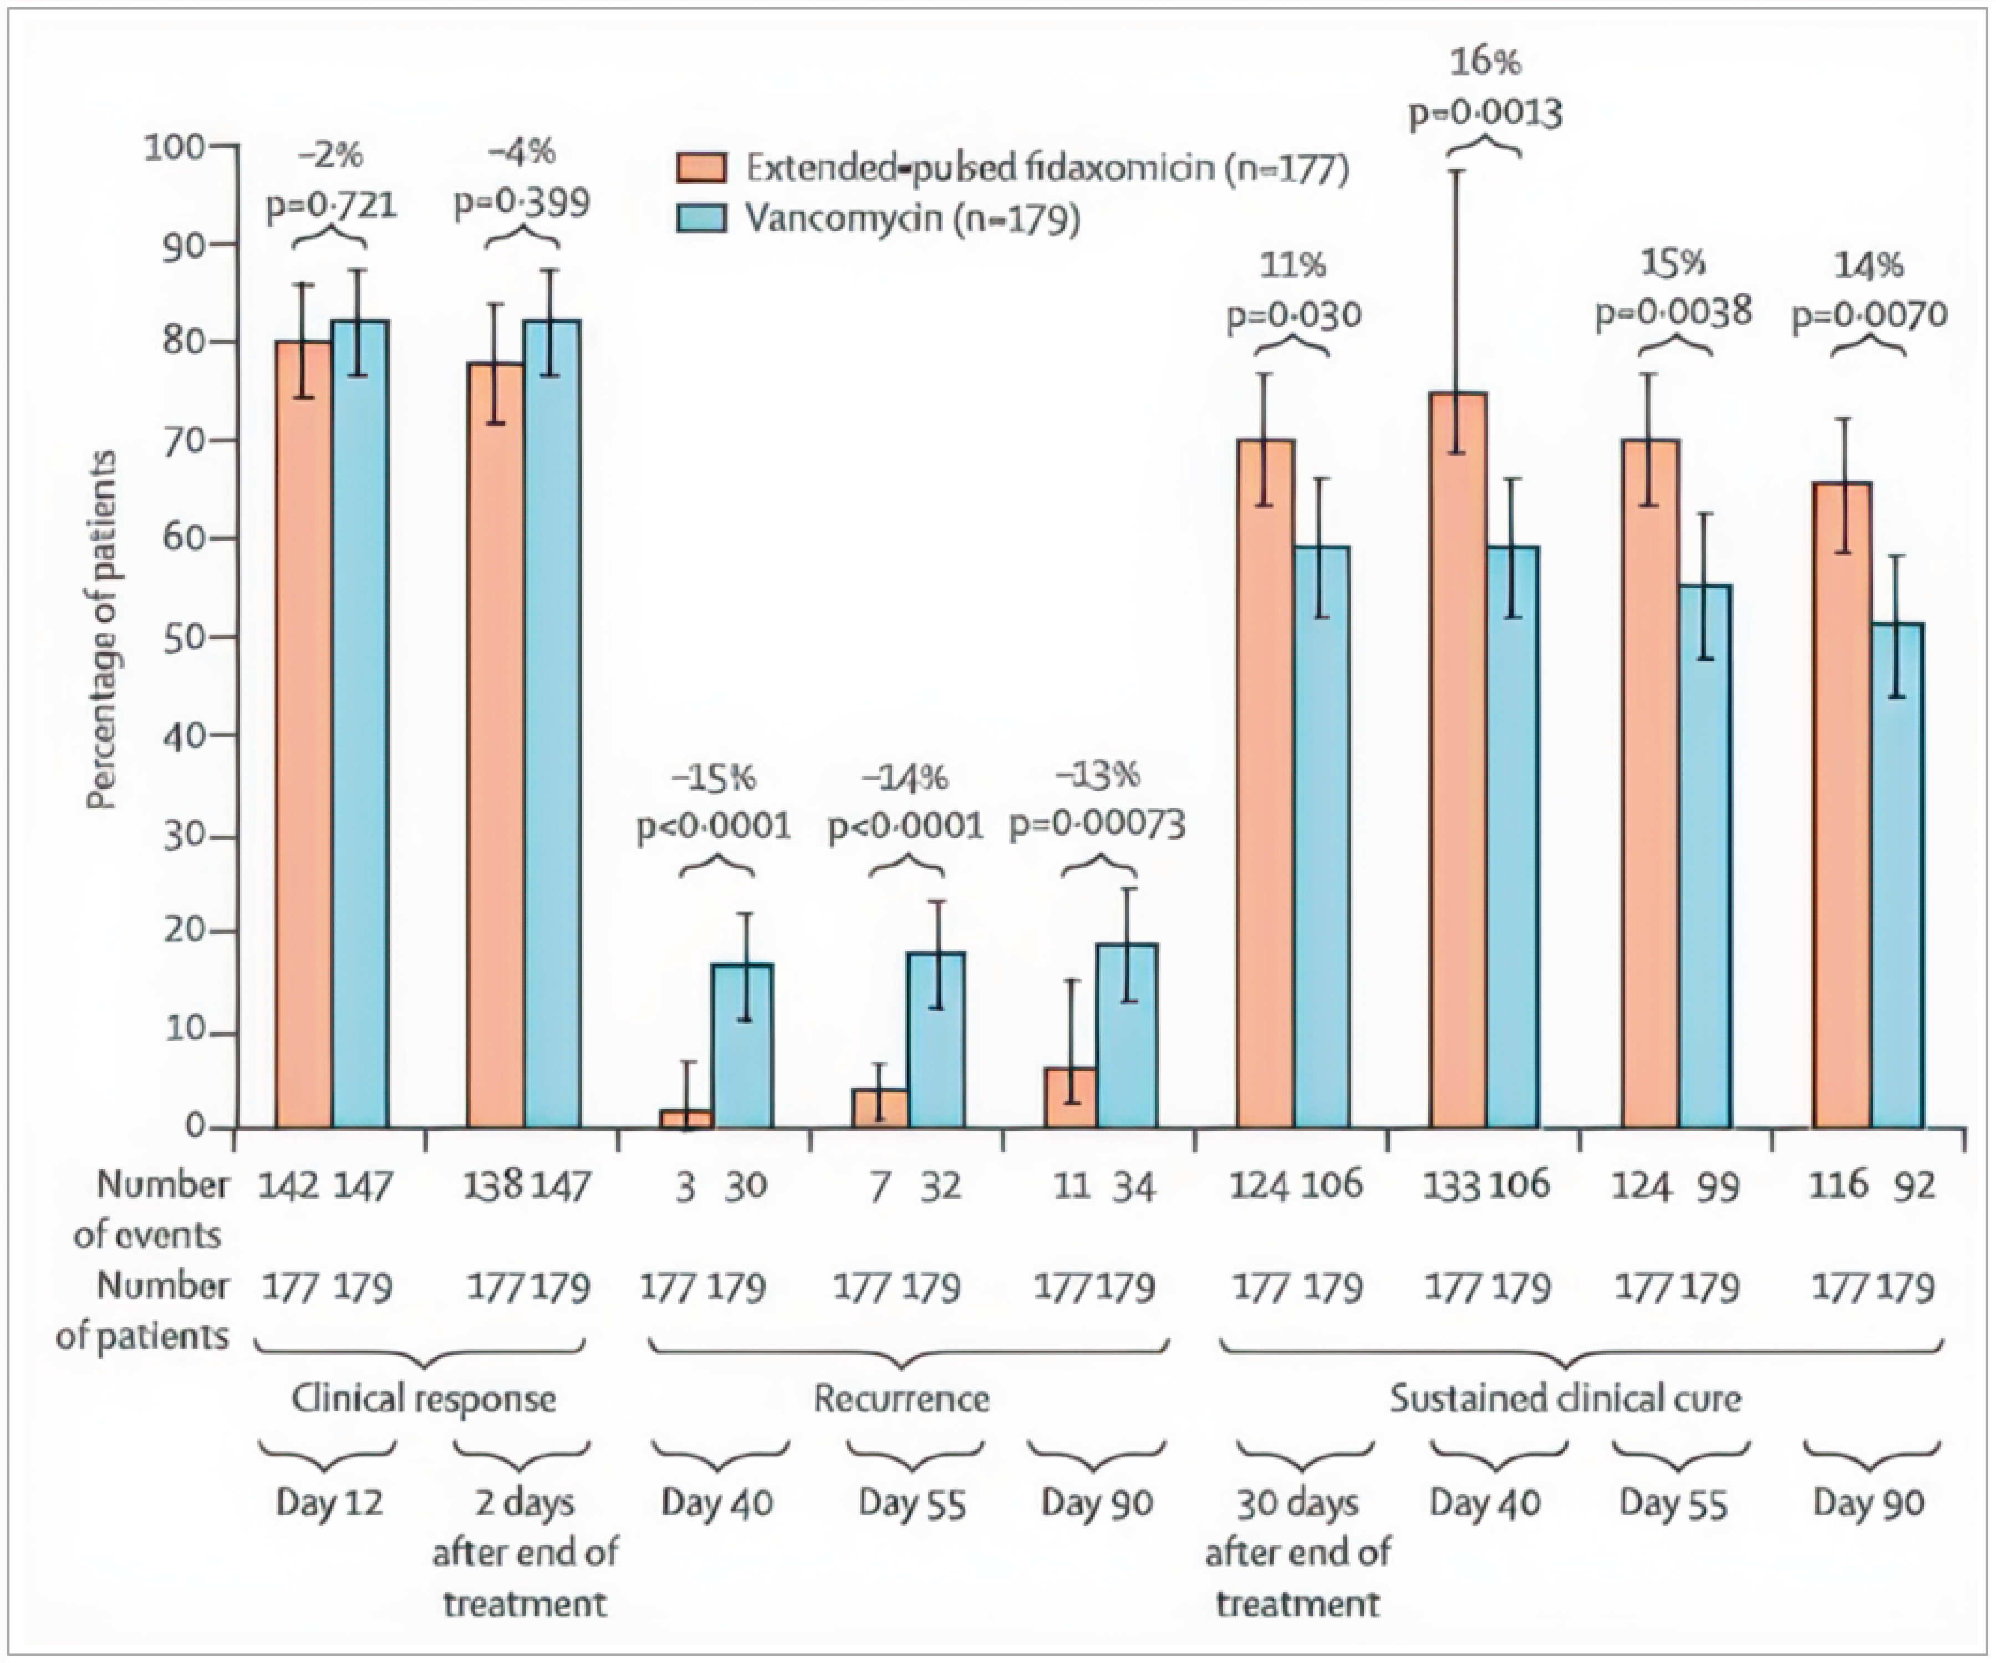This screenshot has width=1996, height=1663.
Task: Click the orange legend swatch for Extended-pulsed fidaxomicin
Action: point(701,167)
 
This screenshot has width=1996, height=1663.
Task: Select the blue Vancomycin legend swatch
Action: point(701,218)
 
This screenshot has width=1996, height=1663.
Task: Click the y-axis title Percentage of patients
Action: point(105,631)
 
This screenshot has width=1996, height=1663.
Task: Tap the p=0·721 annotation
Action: point(331,205)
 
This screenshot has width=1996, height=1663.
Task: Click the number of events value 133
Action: point(1452,1186)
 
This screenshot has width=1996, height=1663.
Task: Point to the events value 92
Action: point(1912,1186)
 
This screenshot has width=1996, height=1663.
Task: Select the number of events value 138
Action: point(494,1186)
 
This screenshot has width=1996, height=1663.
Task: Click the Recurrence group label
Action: point(901,1399)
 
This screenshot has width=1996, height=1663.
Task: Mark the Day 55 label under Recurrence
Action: point(913,1503)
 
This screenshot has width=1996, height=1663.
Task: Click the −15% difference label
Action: point(713,779)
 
